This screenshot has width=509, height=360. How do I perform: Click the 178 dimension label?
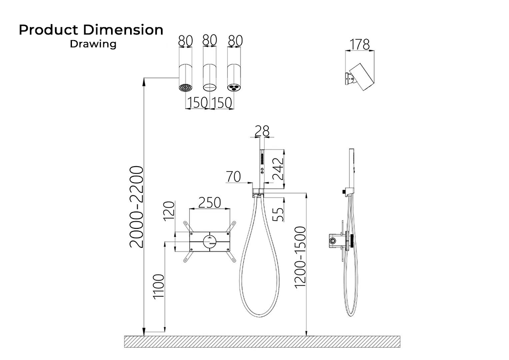click(x=360, y=44)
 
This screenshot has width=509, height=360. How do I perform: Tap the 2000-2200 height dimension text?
click(x=136, y=207)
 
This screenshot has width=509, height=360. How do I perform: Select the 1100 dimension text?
click(x=159, y=286)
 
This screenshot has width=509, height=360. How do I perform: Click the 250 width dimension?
click(x=209, y=203)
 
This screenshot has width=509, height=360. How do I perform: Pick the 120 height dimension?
click(x=169, y=211)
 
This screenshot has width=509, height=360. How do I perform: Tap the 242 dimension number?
click(x=278, y=169)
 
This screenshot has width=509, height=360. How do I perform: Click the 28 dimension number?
click(x=262, y=131)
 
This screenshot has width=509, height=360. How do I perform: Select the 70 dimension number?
click(x=233, y=176)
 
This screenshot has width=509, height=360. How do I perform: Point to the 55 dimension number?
click(x=278, y=214)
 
